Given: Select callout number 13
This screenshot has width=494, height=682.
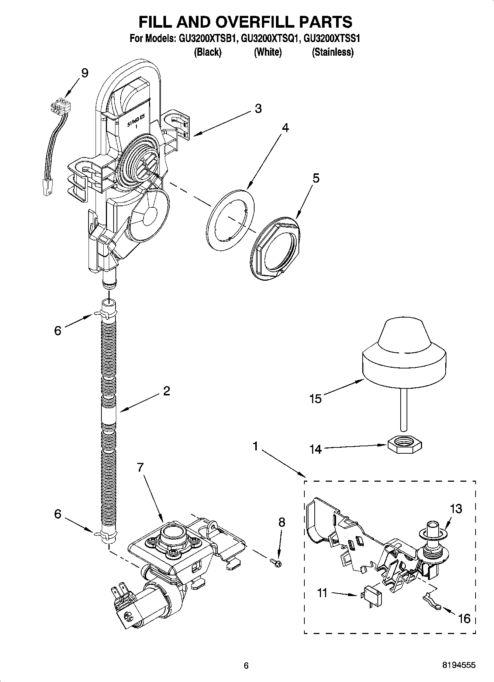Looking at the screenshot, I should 456,509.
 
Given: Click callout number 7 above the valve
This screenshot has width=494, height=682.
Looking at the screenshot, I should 140,468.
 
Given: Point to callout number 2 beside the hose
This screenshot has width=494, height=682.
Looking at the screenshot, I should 166,391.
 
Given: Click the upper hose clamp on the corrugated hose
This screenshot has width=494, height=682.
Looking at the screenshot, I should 104,314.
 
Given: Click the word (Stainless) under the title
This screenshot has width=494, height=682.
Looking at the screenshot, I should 332,52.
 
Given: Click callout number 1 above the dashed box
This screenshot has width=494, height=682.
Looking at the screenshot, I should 255,447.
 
